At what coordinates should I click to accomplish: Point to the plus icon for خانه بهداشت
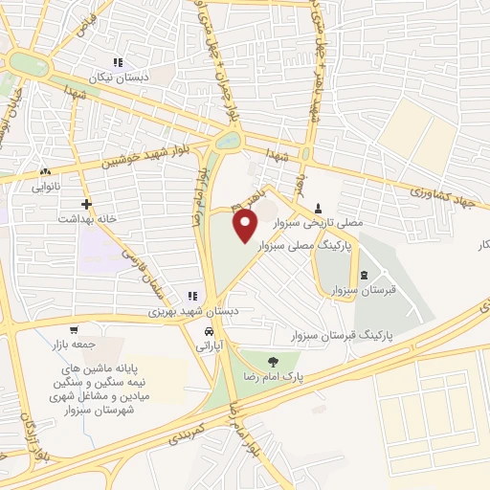[x=87, y=203]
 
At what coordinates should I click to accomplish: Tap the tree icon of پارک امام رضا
[x=275, y=362]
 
